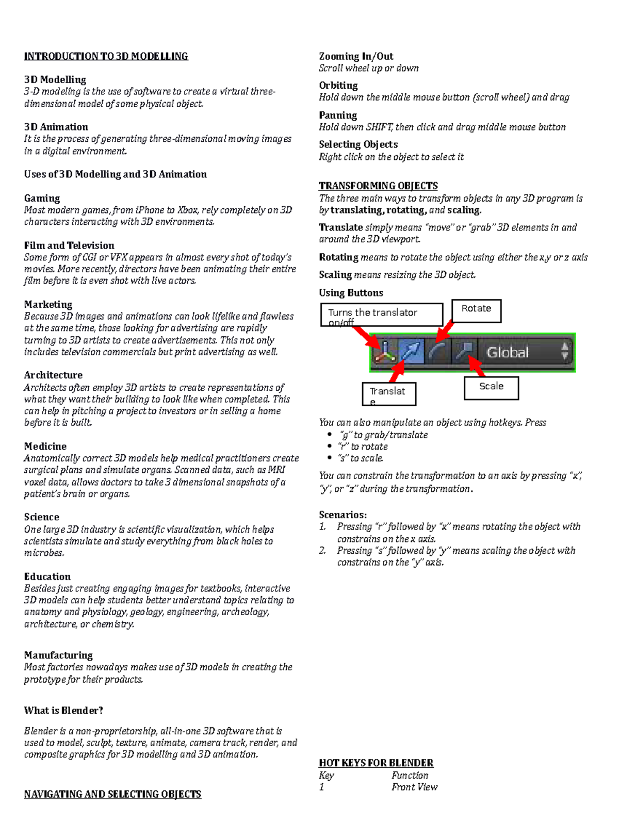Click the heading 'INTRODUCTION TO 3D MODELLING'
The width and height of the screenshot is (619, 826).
pyautogui.click(x=106, y=56)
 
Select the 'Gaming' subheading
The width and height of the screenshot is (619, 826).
pyautogui.click(x=42, y=198)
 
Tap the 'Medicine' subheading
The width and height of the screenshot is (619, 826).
pyautogui.click(x=45, y=446)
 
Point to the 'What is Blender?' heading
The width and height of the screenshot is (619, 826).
pyautogui.click(x=63, y=711)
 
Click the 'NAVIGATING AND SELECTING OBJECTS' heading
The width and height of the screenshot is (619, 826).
pyautogui.click(x=112, y=794)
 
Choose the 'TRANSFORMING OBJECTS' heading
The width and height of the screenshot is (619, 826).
pyautogui.click(x=378, y=186)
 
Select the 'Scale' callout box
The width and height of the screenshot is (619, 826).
pyautogui.click(x=491, y=388)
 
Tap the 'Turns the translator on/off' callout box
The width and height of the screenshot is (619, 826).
pyautogui.click(x=382, y=315)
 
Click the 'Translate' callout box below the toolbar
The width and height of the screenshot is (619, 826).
pyautogui.click(x=389, y=393)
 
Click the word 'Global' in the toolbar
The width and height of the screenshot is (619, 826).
pyautogui.click(x=508, y=353)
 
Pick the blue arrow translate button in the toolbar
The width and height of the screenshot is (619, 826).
pyautogui.click(x=412, y=352)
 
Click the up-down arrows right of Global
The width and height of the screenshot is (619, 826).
pyautogui.click(x=565, y=352)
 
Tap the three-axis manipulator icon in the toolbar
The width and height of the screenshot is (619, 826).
pyautogui.click(x=385, y=352)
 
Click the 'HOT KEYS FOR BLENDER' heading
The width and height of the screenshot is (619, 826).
pyautogui.click(x=376, y=763)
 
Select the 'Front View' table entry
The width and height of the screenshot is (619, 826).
pyautogui.click(x=414, y=787)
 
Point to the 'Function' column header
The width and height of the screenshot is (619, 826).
pyautogui.click(x=410, y=775)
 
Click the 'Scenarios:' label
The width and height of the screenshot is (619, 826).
pyautogui.click(x=343, y=515)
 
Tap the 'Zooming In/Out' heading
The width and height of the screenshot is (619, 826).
pyautogui.click(x=356, y=56)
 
